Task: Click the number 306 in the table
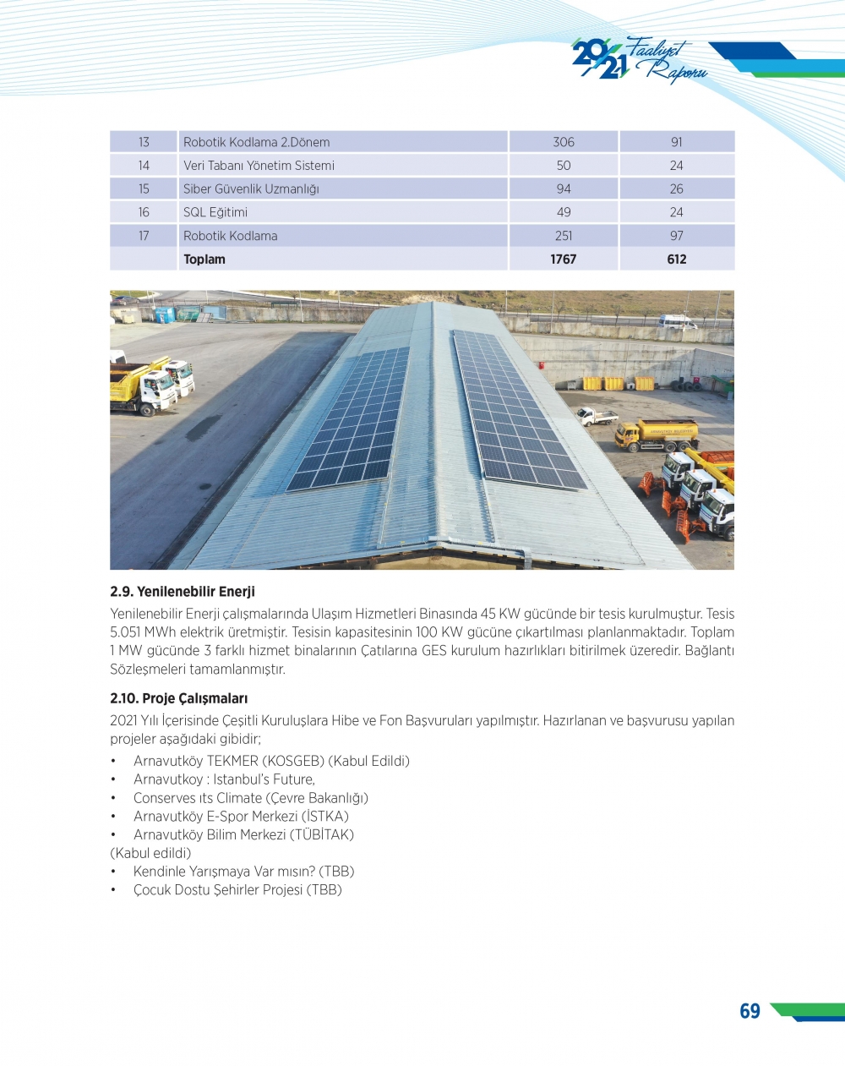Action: [563, 142]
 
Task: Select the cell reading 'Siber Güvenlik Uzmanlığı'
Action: [251, 189]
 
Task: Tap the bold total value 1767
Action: [563, 260]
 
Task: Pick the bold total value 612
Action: [676, 260]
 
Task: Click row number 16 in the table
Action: [144, 212]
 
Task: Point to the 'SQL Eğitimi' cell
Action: [215, 212]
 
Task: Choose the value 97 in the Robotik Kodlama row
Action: [676, 236]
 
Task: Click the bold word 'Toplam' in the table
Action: [204, 260]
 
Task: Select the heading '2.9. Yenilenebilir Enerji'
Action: [183, 592]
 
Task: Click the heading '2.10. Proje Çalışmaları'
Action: [179, 698]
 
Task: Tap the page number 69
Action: [750, 1011]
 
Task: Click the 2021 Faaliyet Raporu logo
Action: [638, 59]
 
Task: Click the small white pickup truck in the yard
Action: [597, 416]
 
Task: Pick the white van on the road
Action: [677, 322]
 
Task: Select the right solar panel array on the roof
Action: [515, 411]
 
